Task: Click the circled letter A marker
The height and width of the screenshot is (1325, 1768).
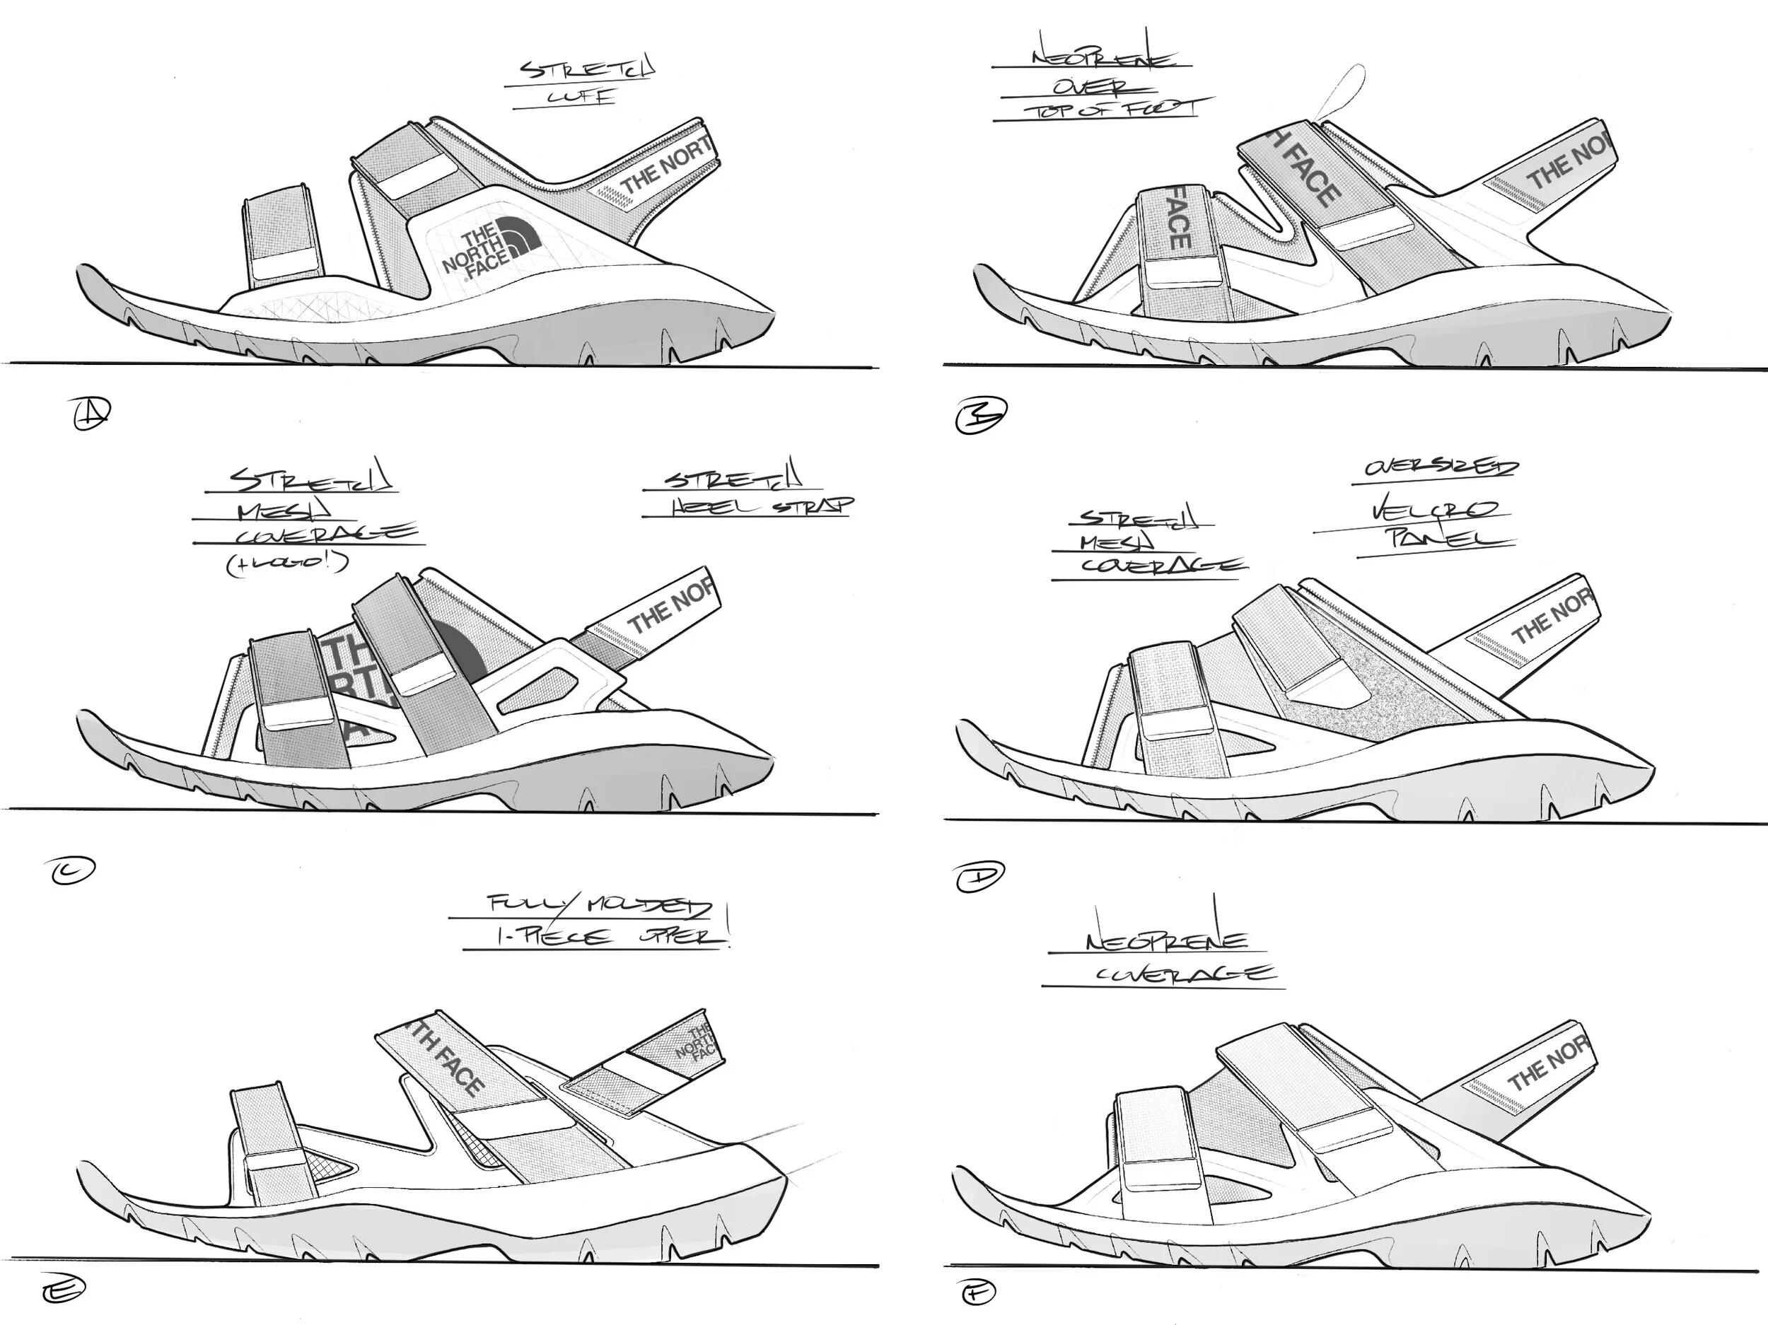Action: pos(91,414)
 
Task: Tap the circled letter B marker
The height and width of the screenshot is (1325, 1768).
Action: pos(981,416)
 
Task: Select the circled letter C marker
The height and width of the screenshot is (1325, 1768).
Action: pos(73,870)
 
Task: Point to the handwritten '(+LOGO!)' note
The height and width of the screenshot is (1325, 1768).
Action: pos(288,564)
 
